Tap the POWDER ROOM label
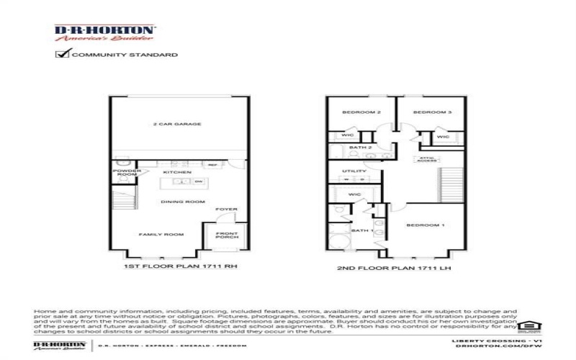(x=127, y=174)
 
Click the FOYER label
(x=223, y=210)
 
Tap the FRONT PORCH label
(x=223, y=235)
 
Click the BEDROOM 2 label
(x=361, y=112)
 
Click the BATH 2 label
(x=360, y=148)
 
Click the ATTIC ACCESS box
(x=426, y=159)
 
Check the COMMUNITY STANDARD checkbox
(x=63, y=54)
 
